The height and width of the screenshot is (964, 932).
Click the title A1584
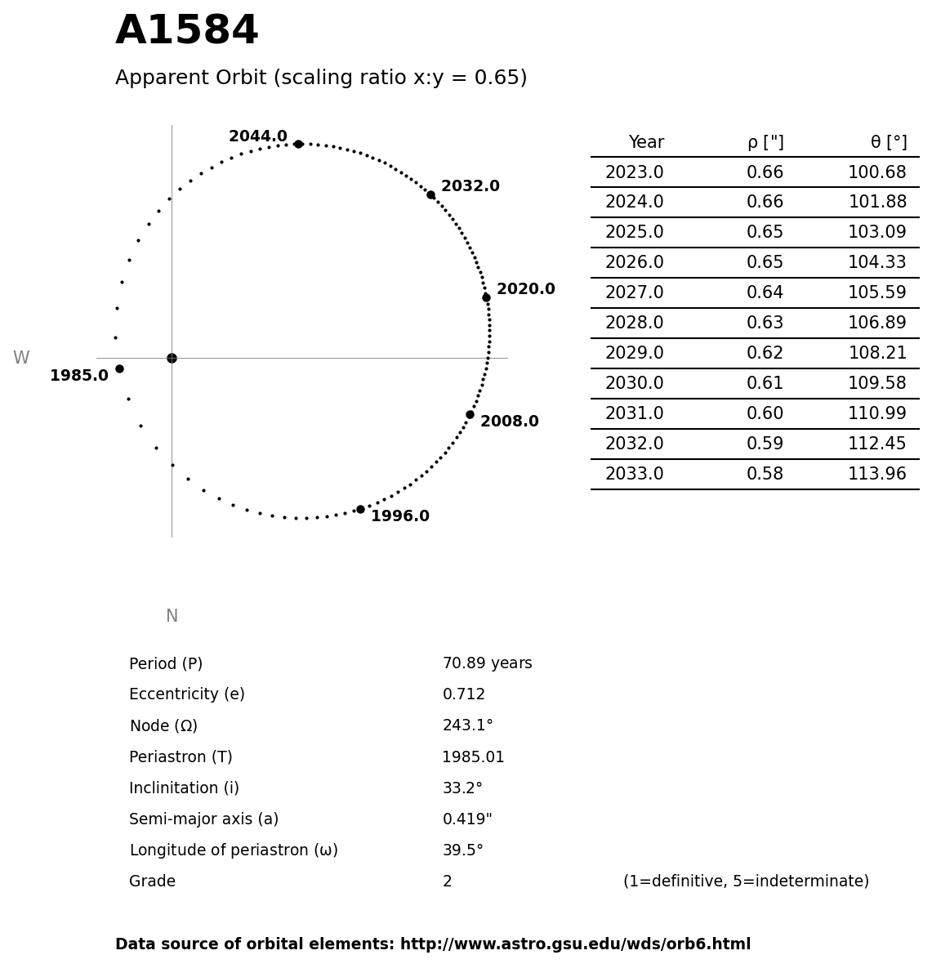[187, 32]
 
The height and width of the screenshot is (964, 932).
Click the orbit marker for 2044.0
[298, 144]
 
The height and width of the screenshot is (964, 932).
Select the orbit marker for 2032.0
[430, 194]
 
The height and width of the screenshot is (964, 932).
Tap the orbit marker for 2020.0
[486, 297]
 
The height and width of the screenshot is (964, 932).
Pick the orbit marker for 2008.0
[470, 414]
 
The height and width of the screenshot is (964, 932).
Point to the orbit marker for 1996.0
[360, 509]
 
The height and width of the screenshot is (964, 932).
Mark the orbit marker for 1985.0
[119, 368]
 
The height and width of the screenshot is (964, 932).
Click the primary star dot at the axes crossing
[172, 358]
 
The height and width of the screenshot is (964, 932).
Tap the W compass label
[21, 359]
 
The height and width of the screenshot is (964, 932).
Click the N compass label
[172, 617]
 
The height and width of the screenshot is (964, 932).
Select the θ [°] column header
[888, 143]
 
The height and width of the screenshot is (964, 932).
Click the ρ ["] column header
[765, 143]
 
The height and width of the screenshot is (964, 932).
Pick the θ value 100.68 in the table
[876, 173]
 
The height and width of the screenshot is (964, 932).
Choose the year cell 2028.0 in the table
[634, 324]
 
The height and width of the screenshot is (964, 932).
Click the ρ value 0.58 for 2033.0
[765, 475]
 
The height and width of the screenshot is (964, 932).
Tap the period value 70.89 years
[487, 664]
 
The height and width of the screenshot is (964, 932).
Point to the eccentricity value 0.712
[463, 695]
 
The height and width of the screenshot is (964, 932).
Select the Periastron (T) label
[181, 757]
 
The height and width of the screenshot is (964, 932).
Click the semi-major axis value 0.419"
[467, 819]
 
